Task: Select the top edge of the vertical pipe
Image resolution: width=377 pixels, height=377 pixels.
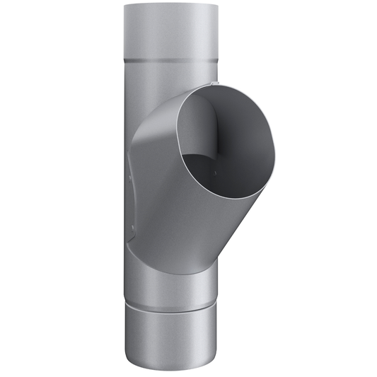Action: click(x=168, y=6)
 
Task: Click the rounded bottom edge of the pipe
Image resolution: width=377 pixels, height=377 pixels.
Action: click(x=168, y=369)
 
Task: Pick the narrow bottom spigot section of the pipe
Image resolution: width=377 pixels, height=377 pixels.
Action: click(x=168, y=336)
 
